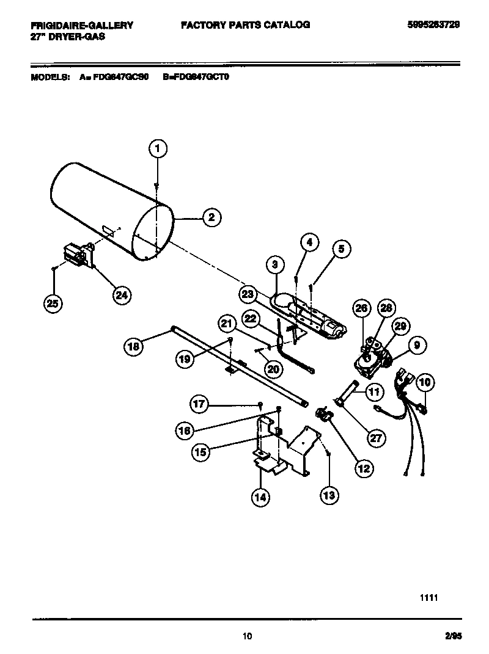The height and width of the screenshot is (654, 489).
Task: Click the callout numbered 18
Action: pos(134,346)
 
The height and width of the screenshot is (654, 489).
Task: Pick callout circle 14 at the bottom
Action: pos(260,497)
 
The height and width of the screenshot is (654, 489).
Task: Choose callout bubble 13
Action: pos(329,495)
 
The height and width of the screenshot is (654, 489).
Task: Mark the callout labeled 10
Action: pos(425,382)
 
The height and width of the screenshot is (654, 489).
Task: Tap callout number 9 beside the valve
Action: pos(416,346)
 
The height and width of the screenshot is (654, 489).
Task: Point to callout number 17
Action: pos(200,404)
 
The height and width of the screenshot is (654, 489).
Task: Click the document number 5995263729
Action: pos(433,25)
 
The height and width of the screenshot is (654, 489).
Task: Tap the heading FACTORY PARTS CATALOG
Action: pos(245,25)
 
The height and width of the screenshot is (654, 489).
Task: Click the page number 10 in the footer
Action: pos(246,636)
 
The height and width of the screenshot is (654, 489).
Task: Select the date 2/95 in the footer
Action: pos(453,636)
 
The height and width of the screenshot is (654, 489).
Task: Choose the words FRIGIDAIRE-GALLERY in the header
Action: pos(82,25)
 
